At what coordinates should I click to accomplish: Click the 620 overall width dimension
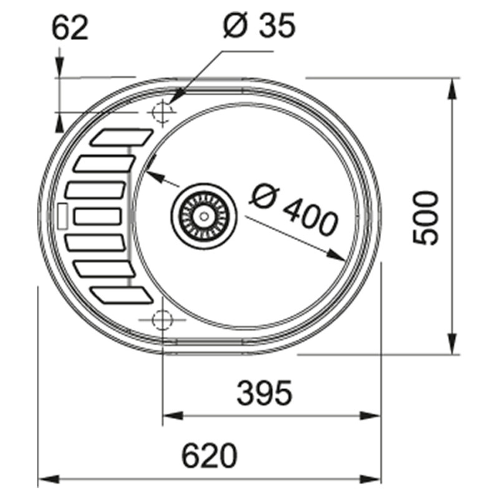click(210, 456)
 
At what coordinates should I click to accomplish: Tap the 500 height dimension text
click(427, 218)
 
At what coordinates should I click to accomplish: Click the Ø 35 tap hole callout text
click(258, 27)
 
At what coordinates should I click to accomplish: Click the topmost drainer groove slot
click(124, 137)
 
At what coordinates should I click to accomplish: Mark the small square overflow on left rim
click(61, 216)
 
